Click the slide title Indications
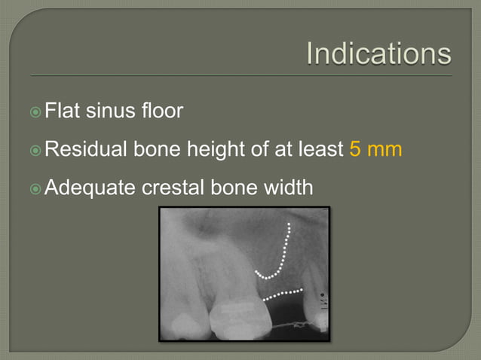379,54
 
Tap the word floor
162,112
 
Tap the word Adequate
90,186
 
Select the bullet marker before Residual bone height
35,150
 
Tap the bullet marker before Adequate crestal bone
35,187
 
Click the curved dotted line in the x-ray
282,256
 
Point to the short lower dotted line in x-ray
283,293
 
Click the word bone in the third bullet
228,186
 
